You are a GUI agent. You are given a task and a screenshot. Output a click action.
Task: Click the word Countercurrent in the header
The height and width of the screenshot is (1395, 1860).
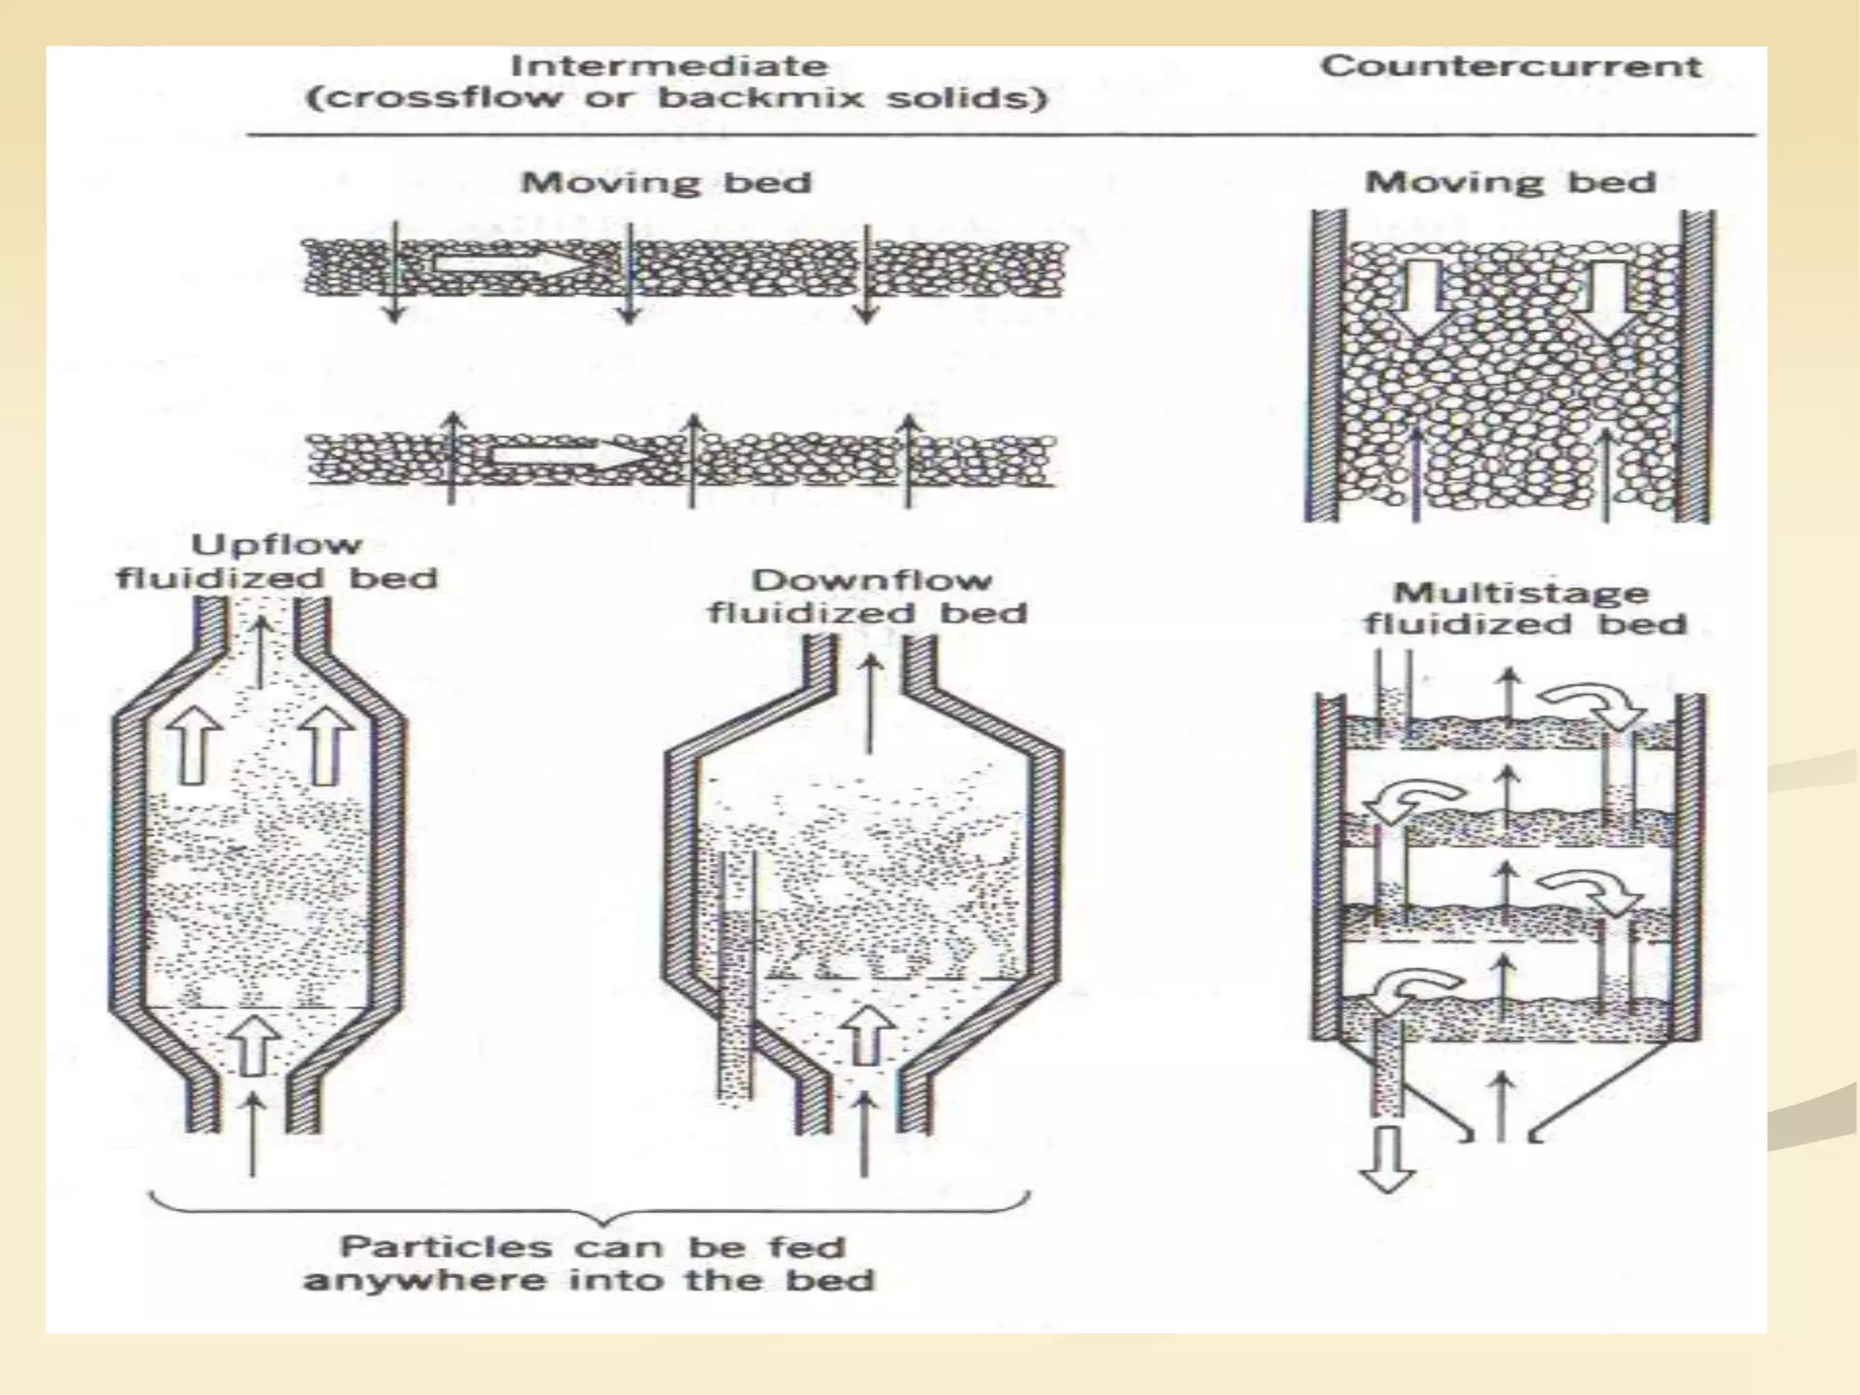click(1509, 66)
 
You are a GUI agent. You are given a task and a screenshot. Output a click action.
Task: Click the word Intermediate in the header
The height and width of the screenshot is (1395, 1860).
click(669, 66)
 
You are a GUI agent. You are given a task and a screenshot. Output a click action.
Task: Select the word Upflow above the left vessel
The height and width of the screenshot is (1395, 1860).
click(276, 544)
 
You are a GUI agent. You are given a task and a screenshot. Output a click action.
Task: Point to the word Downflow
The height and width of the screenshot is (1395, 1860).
click(871, 579)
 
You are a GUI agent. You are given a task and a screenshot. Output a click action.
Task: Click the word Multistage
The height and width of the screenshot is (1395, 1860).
click(1521, 592)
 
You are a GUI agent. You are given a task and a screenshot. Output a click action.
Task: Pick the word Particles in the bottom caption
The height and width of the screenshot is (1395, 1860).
click(445, 1246)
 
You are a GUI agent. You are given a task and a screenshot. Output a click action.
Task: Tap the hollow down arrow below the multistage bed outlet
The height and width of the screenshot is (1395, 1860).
click(1387, 1159)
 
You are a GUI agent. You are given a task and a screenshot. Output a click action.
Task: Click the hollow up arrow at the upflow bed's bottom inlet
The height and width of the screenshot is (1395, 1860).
click(252, 1044)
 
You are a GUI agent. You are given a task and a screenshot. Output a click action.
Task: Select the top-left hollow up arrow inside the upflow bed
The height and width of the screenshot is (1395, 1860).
click(193, 744)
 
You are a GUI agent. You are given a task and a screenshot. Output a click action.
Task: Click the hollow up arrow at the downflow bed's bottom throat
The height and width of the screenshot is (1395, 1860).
click(864, 1035)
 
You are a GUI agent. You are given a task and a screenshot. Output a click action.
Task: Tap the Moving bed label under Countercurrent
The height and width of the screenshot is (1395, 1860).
click(1509, 183)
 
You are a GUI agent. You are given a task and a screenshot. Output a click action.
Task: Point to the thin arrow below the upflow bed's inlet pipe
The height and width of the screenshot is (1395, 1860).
click(252, 1135)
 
